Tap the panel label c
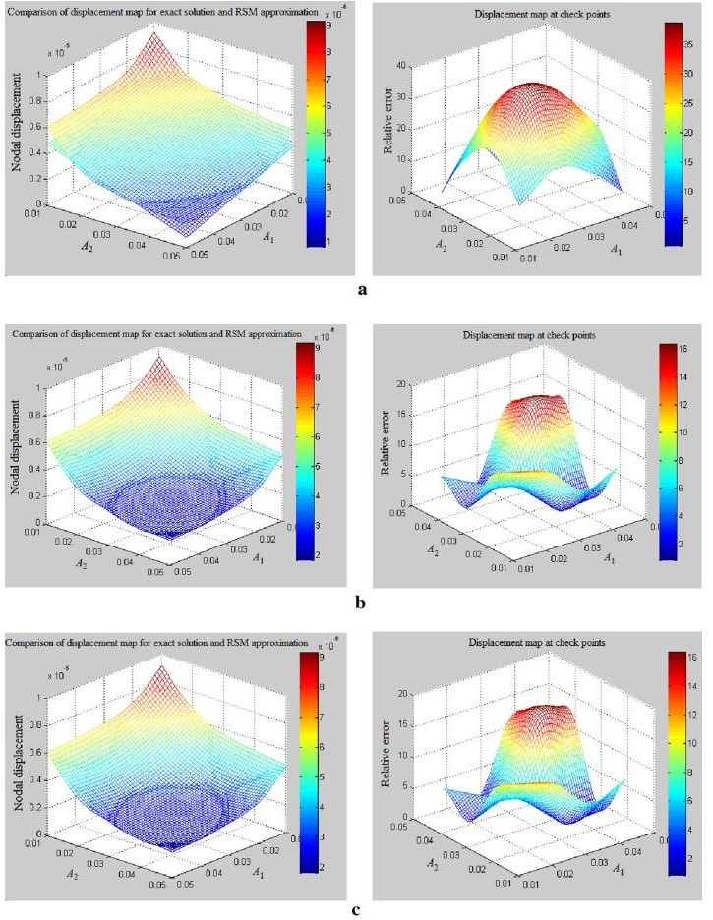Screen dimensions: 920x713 (x=356, y=909)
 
